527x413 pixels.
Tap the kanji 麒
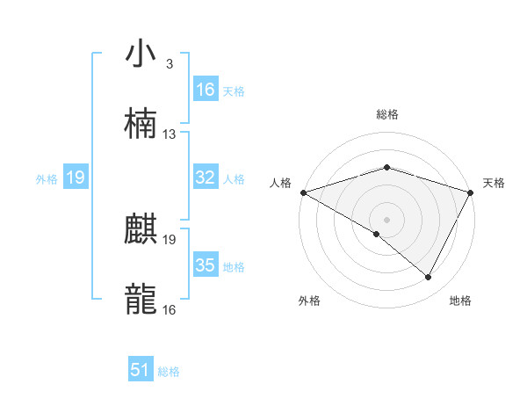141,230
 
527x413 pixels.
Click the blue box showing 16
206,90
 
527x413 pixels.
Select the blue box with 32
206,178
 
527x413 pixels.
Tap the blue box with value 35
206,265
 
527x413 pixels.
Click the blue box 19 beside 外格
76,178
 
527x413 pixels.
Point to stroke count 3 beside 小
169,64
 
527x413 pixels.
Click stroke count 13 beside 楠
170,134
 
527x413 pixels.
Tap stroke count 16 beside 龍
170,309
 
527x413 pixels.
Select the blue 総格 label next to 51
169,372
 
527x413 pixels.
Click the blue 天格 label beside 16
234,91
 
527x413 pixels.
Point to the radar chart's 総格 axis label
387,114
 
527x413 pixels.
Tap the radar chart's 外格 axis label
310,301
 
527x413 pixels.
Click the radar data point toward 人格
302,192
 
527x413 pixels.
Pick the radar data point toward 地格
429,278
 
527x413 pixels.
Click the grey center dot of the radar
386,219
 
